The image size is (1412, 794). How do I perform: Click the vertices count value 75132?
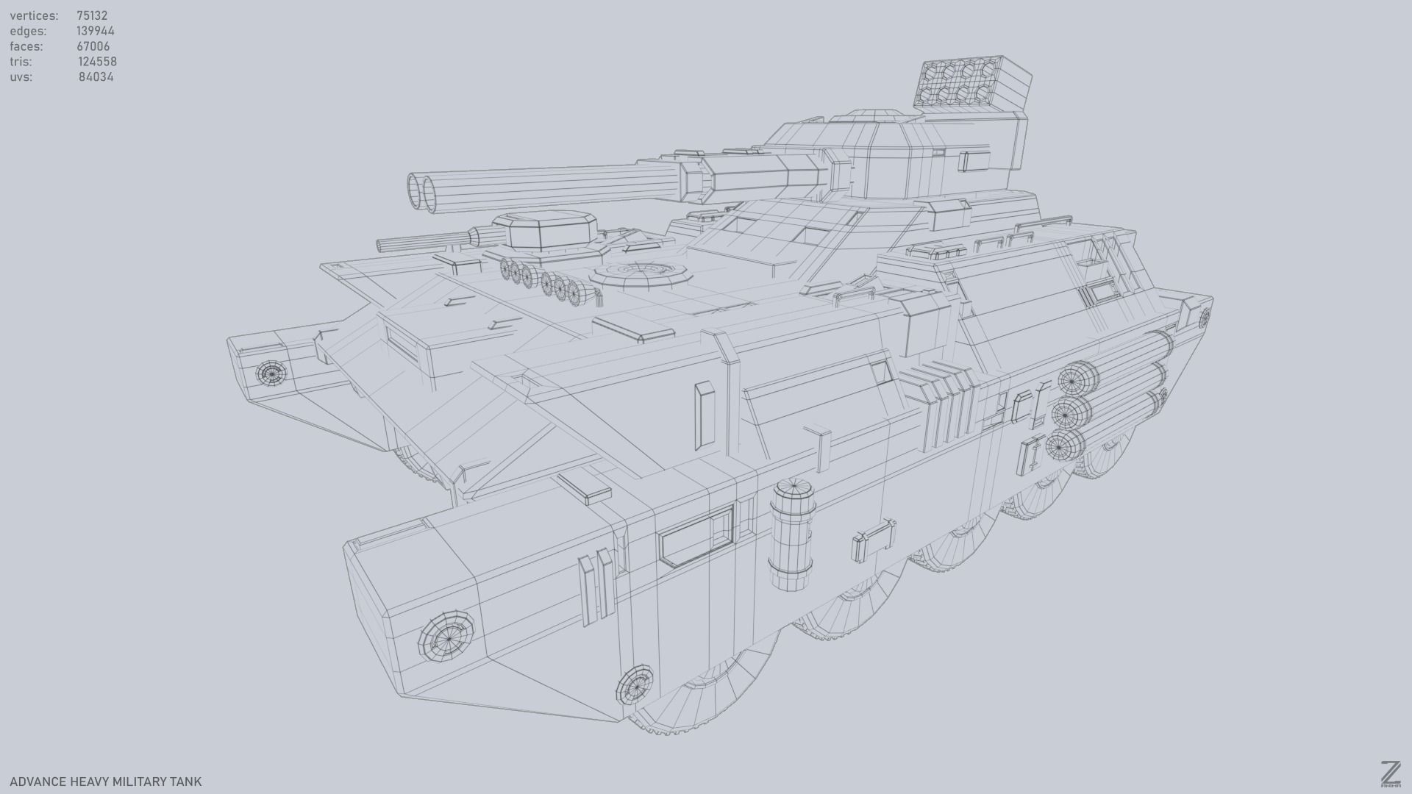pos(92,15)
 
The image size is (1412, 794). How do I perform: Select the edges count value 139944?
pos(96,31)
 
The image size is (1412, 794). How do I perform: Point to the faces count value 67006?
pos(93,46)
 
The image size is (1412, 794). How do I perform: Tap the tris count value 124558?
pos(97,62)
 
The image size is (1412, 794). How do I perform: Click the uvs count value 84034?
pos(96,77)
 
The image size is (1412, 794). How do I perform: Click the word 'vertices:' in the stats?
pos(34,15)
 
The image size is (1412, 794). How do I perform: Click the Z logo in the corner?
pos(1390,773)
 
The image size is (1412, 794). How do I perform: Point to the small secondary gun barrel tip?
pos(381,245)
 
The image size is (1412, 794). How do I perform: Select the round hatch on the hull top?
pos(642,272)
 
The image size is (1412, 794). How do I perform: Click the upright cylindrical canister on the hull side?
pos(792,534)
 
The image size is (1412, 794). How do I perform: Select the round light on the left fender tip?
pos(270,373)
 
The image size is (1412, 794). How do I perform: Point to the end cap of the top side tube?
pos(1077,379)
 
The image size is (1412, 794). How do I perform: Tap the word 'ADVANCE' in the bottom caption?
pos(38,782)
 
